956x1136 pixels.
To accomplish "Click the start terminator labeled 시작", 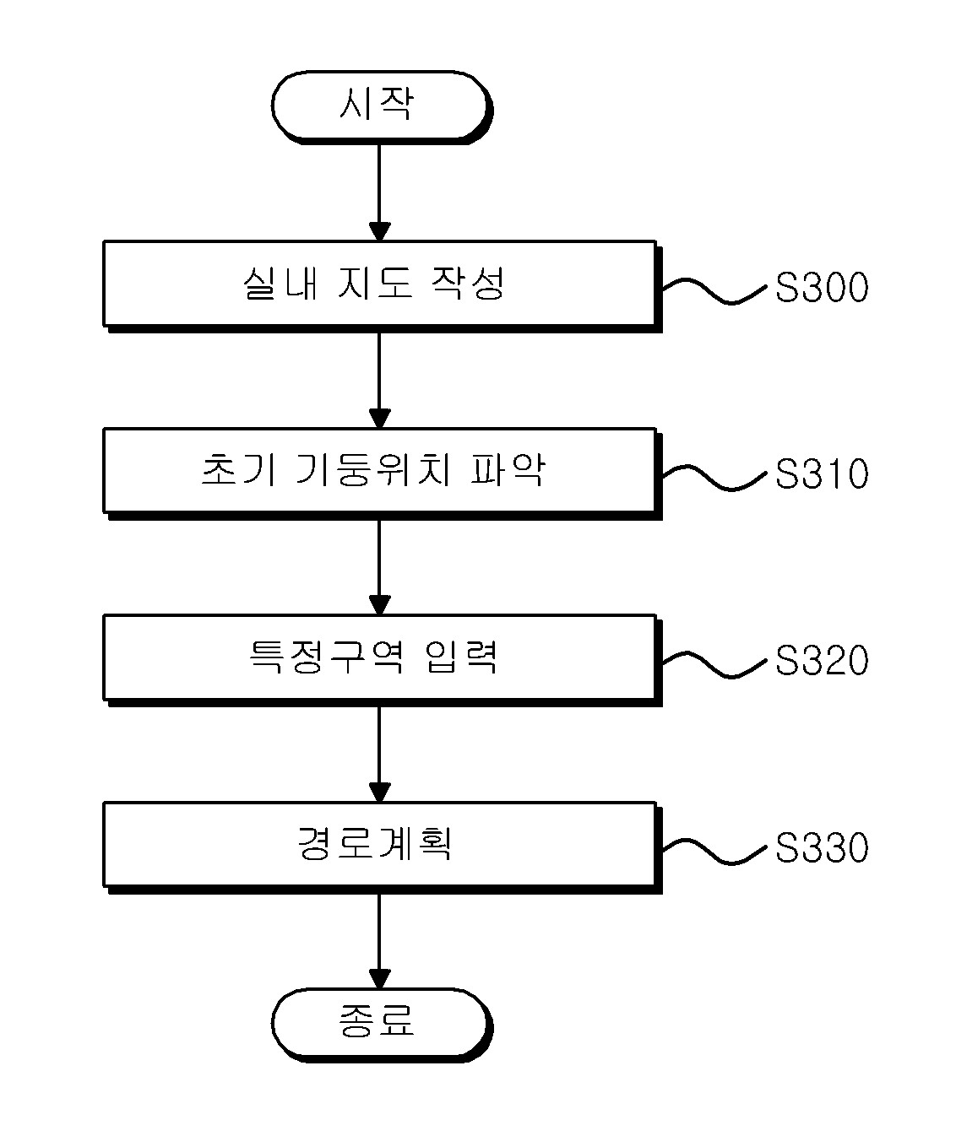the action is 381,107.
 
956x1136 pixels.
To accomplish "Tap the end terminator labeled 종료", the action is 381,1025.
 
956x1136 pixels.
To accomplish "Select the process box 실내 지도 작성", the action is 383,286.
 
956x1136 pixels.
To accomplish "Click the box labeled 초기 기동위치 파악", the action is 383,473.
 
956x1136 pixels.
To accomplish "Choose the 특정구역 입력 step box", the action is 383,660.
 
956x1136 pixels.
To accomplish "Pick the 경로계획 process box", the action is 383,847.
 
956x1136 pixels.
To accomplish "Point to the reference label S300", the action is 822,287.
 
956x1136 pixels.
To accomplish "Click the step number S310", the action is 822,473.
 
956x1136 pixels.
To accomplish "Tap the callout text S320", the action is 822,661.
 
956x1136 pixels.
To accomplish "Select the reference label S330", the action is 822,847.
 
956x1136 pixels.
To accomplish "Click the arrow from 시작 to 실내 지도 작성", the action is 379,192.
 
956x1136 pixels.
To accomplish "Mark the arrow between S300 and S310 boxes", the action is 379,381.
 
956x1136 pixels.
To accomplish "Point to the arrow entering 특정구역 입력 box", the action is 379,567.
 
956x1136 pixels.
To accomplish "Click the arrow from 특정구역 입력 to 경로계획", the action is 379,755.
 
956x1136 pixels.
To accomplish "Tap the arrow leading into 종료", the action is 379,941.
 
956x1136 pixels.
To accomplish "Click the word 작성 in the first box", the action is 468,283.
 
